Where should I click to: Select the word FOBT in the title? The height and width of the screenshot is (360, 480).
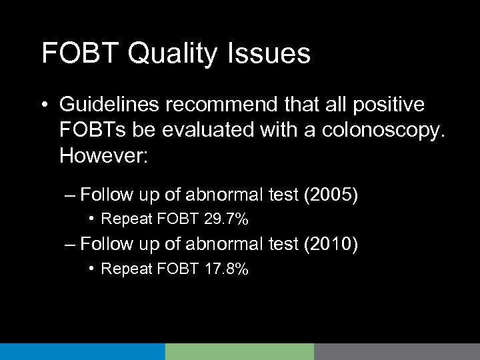(x=70, y=53)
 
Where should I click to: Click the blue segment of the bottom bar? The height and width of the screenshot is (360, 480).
(x=82, y=351)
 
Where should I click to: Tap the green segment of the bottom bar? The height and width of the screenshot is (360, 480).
(x=239, y=351)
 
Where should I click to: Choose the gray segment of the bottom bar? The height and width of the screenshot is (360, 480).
(x=397, y=351)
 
